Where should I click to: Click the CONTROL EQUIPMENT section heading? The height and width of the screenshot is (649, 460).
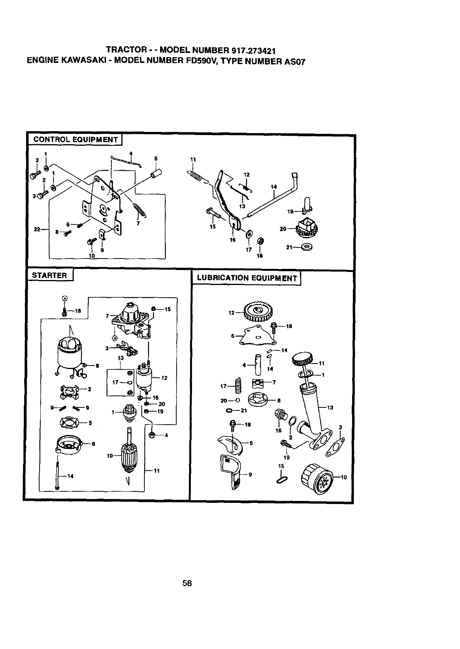75,139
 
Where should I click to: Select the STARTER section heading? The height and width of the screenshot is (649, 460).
50,275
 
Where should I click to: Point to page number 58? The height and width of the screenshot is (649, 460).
187,583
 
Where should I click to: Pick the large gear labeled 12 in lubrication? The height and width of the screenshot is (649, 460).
258,310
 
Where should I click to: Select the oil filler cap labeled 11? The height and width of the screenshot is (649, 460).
303,359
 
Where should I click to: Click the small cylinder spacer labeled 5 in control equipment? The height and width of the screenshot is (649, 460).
155,177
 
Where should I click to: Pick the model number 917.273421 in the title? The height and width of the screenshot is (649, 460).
253,51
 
